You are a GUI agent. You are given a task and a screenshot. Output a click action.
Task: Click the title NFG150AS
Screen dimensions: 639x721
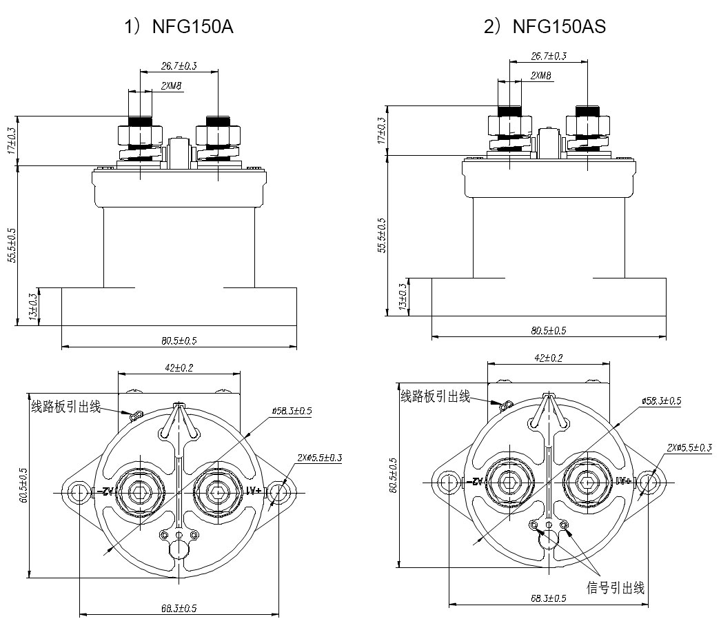(545, 28)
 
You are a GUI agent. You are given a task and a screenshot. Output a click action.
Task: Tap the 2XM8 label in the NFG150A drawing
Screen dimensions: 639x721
(172, 86)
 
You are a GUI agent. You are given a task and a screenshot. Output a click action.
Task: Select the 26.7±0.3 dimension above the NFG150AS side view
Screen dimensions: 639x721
(549, 56)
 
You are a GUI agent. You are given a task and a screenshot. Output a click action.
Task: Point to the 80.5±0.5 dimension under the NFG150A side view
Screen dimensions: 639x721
(179, 341)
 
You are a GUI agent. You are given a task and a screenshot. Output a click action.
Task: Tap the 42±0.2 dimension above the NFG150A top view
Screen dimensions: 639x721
(179, 367)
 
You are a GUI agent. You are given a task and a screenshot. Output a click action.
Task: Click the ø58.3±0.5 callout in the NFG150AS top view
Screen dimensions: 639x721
(661, 400)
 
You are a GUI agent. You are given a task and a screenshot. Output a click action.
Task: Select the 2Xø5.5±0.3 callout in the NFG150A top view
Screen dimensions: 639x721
(320, 458)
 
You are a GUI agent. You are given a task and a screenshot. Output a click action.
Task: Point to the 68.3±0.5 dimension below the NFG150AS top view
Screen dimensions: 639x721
(548, 598)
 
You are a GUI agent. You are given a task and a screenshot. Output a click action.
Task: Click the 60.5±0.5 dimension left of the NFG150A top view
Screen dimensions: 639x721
(23, 489)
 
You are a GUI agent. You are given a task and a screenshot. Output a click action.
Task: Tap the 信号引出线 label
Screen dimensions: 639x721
(616, 588)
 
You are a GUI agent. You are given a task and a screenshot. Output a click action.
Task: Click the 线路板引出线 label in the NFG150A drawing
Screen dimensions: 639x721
(66, 407)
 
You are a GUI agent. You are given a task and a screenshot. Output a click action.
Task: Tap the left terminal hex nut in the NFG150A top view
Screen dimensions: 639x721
(141, 492)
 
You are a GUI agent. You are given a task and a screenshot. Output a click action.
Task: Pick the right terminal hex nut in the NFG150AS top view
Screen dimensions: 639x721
(586, 482)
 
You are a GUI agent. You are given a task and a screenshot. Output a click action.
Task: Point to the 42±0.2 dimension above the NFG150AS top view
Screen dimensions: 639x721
(549, 358)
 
